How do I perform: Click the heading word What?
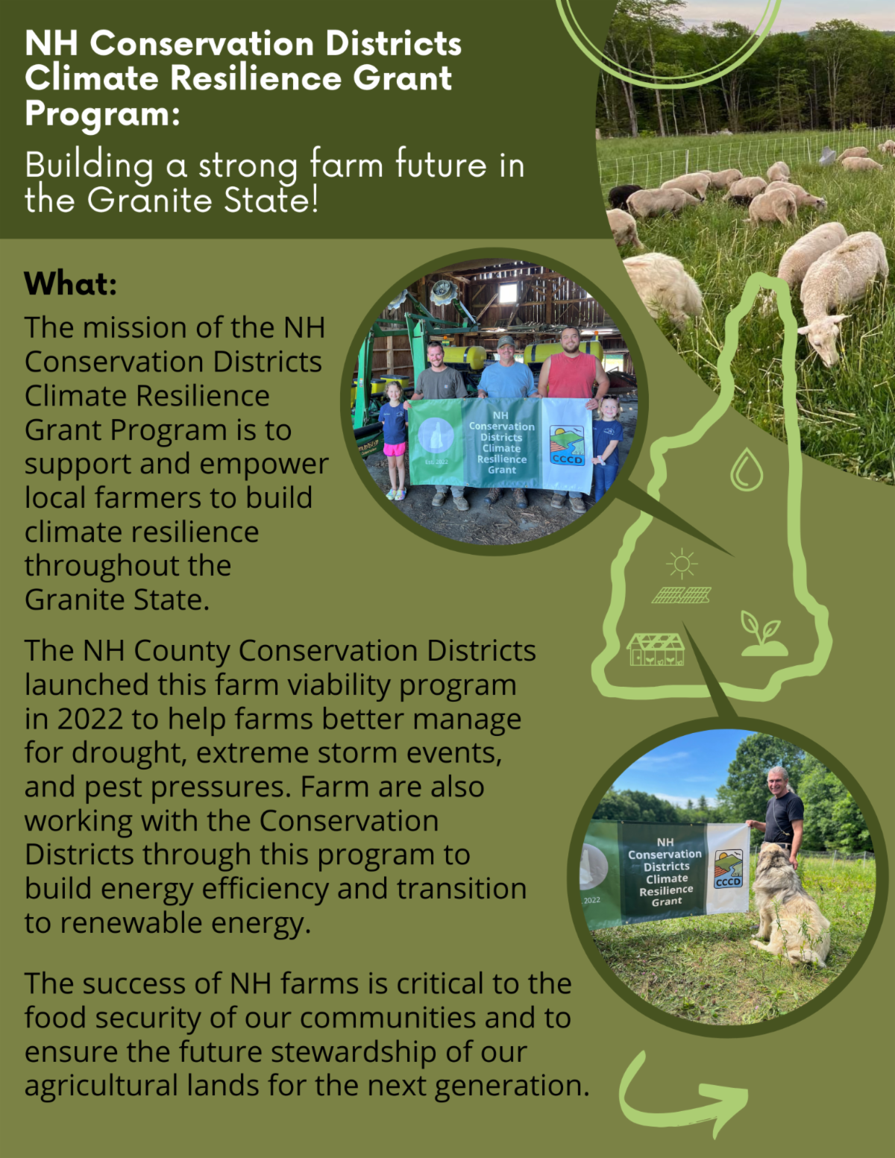coord(70,283)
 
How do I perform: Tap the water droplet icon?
coord(747,469)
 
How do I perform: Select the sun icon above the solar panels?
coord(682,564)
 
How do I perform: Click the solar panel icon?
coord(682,595)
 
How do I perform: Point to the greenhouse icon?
coord(656,649)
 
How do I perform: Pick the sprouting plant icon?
coord(763,634)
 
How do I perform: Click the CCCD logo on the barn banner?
coord(567,445)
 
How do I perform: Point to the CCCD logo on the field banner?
coord(728,869)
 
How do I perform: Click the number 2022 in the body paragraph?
coord(89,719)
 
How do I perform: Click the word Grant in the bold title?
coord(403,79)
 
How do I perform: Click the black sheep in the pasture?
coord(624,195)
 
